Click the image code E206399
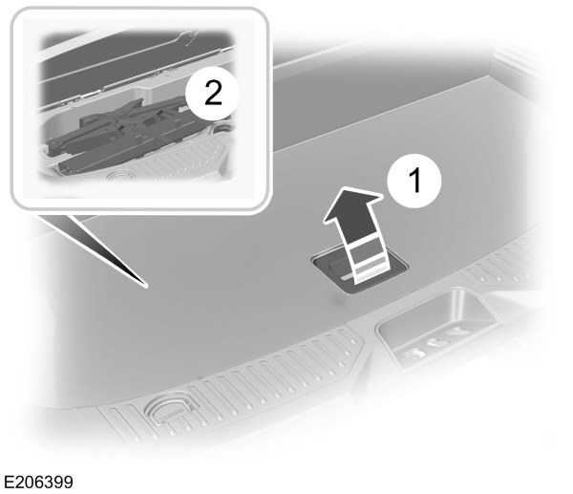pos(37,480)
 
